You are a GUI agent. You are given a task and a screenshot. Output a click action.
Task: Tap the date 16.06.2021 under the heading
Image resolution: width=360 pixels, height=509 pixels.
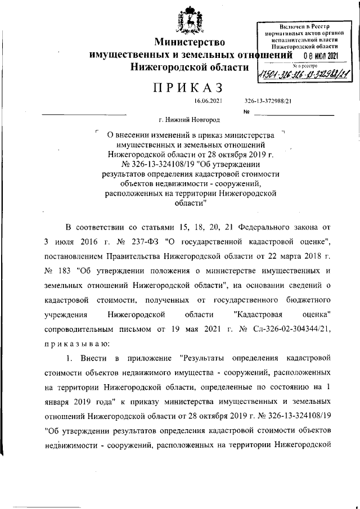tap(208, 101)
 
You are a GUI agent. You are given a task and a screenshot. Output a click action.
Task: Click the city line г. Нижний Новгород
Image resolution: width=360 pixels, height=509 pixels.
tap(190, 120)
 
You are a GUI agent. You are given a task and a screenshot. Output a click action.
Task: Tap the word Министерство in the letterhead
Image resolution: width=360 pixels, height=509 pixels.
tap(190, 42)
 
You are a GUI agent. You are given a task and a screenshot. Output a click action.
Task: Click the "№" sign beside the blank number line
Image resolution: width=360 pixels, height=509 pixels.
tap(246, 111)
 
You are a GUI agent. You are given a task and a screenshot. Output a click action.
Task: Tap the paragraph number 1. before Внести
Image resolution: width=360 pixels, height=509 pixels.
tap(70, 357)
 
